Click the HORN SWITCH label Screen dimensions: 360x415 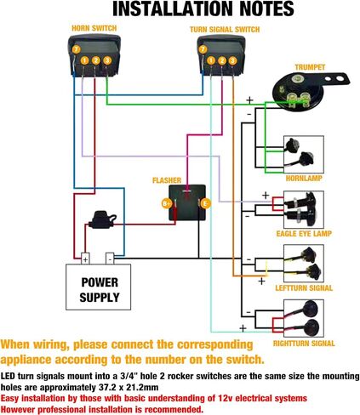pyautogui.click(x=94, y=28)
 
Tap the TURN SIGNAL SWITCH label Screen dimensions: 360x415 pyautogui.click(x=225, y=30)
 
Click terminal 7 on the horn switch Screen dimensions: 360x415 pyautogui.click(x=76, y=49)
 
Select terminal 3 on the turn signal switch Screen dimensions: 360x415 pyautogui.click(x=232, y=60)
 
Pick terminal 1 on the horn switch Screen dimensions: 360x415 pyautogui.click(x=84, y=60)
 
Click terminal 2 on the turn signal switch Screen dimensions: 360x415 pyautogui.click(x=222, y=60)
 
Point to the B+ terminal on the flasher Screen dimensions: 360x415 pyautogui.click(x=167, y=203)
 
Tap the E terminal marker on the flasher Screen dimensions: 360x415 pyautogui.click(x=206, y=203)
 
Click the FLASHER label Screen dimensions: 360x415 pyautogui.click(x=167, y=180)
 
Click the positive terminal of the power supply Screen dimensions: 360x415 pyautogui.click(x=85, y=259)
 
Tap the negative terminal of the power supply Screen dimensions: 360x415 pyautogui.click(x=110, y=259)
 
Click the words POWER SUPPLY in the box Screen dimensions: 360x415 pyautogui.click(x=100, y=290)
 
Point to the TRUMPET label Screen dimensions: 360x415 pyautogui.click(x=310, y=67)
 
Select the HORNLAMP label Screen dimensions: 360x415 pyautogui.click(x=304, y=179)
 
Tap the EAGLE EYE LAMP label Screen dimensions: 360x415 pyautogui.click(x=304, y=234)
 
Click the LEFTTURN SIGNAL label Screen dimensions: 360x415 pyautogui.click(x=304, y=288)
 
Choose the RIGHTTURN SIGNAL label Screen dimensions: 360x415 pyautogui.click(x=304, y=344)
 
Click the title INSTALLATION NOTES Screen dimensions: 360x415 pyautogui.click(x=203, y=9)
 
